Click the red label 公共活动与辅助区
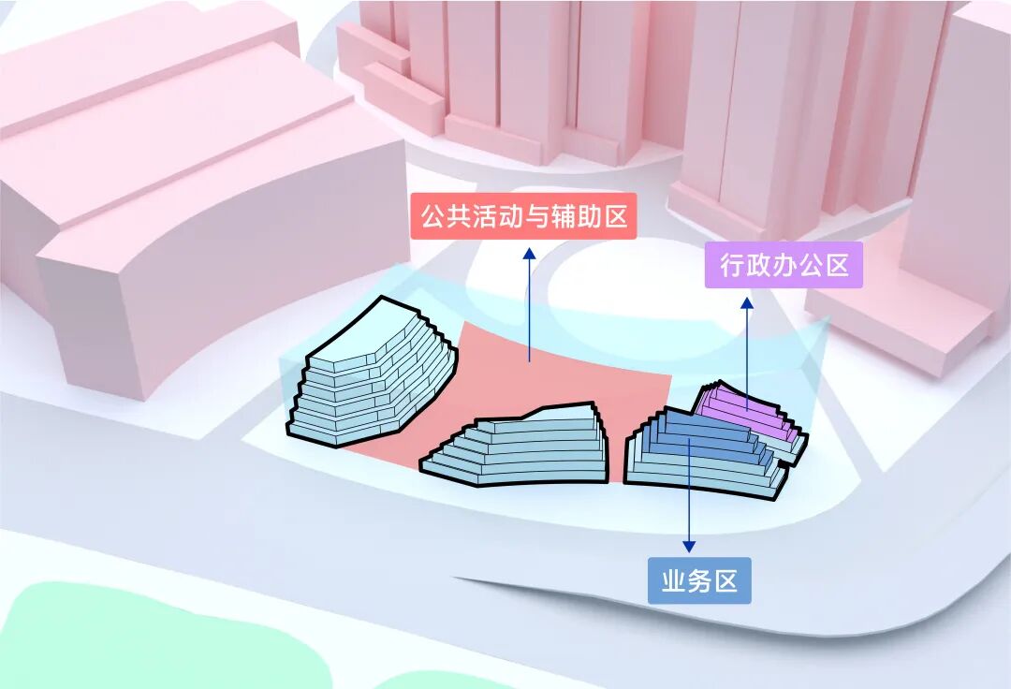(x=523, y=218)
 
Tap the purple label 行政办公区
(x=784, y=265)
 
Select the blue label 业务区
(x=699, y=581)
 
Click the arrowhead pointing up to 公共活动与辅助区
(x=529, y=254)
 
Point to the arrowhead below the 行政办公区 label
(x=747, y=303)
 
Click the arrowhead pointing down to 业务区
(x=689, y=546)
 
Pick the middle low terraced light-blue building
(x=524, y=449)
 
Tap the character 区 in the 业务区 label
(x=725, y=581)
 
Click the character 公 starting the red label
(x=432, y=218)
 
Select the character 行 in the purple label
(x=732, y=265)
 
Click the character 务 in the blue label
(x=699, y=581)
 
